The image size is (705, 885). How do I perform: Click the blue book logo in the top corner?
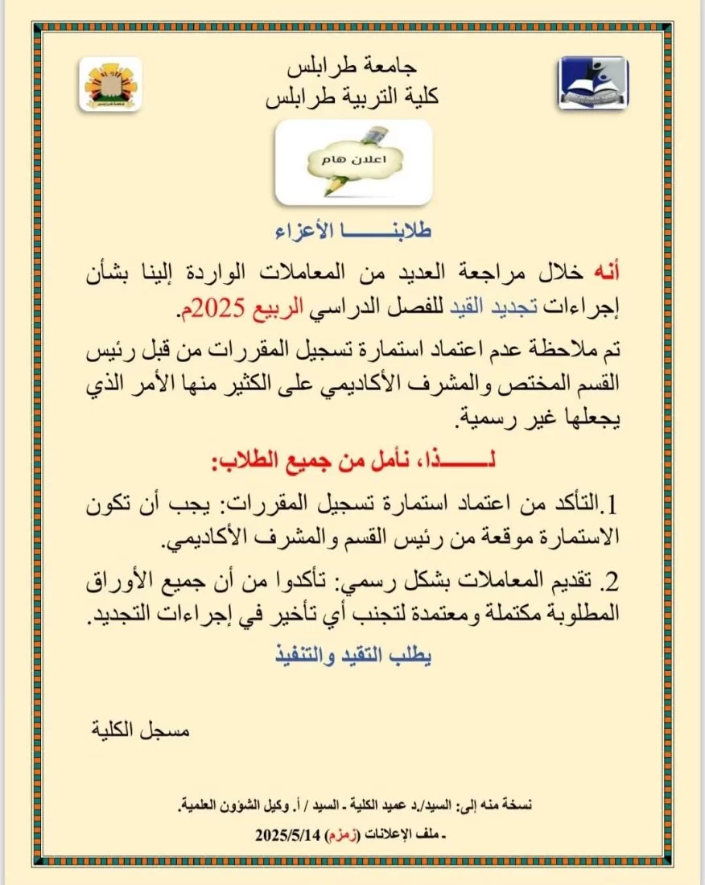pyautogui.click(x=593, y=83)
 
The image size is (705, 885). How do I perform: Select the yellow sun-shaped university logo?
pyautogui.click(x=111, y=84)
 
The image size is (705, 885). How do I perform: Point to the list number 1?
pyautogui.click(x=611, y=506)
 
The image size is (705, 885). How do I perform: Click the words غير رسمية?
pyautogui.click(x=482, y=418)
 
